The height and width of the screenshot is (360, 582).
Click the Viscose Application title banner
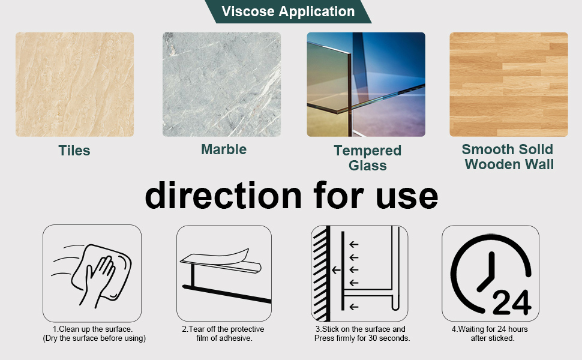(x=288, y=11)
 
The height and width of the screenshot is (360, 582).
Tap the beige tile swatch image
(x=74, y=84)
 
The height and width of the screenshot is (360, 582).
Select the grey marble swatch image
(x=221, y=84)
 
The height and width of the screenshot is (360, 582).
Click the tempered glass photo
(x=366, y=84)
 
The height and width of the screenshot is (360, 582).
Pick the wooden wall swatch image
(x=508, y=84)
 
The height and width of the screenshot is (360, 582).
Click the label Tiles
(x=74, y=151)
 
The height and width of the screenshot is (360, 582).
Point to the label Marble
(x=224, y=149)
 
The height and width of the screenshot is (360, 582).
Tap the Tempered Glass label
(x=367, y=158)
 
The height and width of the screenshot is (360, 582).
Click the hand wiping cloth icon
(x=92, y=273)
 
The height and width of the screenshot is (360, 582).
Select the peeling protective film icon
(x=224, y=273)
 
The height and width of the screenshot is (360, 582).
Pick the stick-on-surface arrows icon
(x=359, y=273)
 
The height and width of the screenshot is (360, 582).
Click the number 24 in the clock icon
(x=511, y=304)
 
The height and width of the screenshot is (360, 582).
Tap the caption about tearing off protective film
(x=223, y=334)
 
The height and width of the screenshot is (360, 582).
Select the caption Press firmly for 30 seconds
(x=362, y=338)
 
